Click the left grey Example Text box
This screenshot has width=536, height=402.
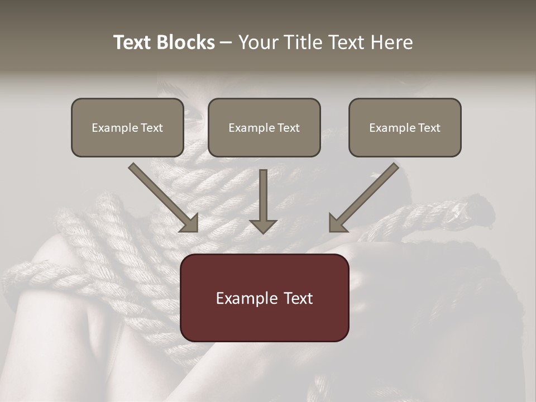[127, 127]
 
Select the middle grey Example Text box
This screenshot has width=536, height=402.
[264, 127]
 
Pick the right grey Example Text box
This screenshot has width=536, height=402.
[405, 127]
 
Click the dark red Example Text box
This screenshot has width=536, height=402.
[264, 298]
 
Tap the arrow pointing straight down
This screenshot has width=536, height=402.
[263, 201]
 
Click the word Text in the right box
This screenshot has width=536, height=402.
[429, 128]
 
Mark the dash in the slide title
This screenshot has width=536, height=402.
[226, 43]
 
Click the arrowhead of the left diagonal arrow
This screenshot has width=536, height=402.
[190, 223]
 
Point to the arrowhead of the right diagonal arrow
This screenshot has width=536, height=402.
[337, 223]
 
